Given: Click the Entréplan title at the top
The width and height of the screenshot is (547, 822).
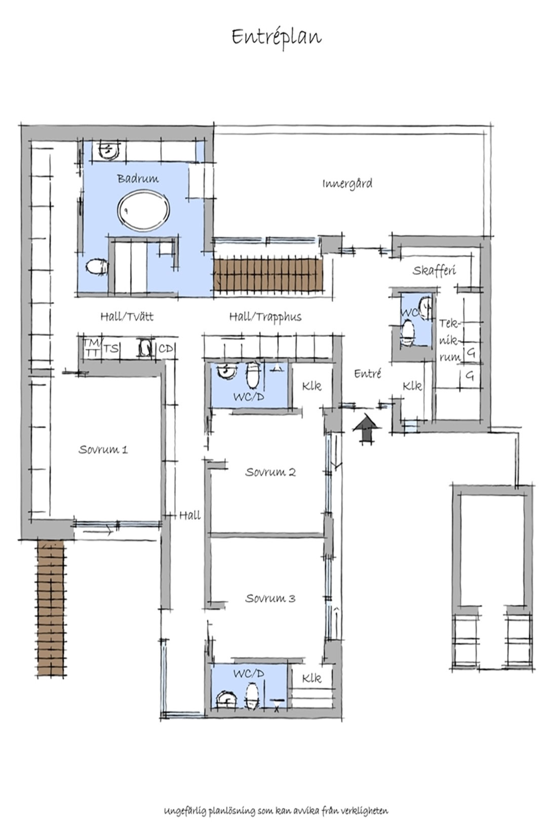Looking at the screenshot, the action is coord(277,37).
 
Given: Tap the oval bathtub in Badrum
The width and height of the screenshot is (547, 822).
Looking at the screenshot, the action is coord(143,211).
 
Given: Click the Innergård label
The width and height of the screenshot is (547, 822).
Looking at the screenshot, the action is coord(347,183).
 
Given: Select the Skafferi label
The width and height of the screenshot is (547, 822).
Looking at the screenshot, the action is coord(434,270).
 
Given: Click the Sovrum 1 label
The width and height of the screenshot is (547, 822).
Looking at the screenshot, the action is coord(103,449).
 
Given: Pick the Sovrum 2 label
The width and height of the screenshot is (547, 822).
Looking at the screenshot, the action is coord(270,472).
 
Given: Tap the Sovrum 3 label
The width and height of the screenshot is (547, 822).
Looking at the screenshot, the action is coord(270,598).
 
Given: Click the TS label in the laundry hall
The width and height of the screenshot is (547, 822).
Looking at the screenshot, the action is coord(110,348).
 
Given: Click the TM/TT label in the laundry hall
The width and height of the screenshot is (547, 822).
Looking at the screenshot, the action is coord(91,347).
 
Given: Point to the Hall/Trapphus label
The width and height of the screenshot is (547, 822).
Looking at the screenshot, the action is coord(265,317).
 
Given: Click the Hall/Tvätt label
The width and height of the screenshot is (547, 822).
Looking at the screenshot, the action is coord(127,316).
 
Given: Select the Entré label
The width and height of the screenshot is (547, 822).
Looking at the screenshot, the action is coord(368,374).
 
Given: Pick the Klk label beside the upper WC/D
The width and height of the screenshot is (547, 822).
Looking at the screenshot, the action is coord(311,386).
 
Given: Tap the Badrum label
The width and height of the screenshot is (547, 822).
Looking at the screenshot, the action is coord(138,179).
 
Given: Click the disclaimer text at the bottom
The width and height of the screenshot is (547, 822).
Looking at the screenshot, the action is coord(276,810).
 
